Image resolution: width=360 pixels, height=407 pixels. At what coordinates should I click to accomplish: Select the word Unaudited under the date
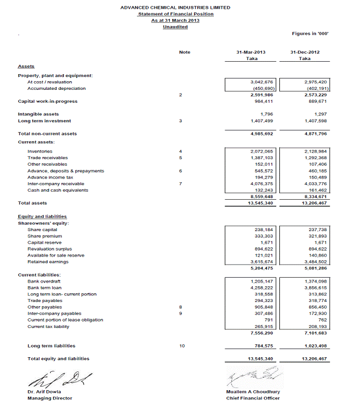175,27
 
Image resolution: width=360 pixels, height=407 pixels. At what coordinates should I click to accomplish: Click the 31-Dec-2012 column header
304,52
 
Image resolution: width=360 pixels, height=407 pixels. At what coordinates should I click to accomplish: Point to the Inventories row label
40,151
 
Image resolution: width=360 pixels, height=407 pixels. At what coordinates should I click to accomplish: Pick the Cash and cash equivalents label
50,190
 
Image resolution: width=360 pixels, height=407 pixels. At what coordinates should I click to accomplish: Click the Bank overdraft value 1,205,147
263,282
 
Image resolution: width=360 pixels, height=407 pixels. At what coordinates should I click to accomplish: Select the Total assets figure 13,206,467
315,203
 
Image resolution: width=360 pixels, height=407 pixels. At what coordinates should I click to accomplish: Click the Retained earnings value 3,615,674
263,261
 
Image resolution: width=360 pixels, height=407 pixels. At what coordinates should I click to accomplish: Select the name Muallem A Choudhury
253,391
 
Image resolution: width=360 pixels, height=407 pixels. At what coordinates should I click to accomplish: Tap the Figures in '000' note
310,34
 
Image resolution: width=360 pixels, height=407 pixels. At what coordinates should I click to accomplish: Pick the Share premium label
44,236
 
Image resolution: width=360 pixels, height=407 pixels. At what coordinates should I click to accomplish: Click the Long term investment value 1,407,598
316,121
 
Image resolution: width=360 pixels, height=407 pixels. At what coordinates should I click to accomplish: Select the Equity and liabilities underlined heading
42,216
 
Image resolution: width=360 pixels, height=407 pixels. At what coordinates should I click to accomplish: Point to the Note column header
185,52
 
